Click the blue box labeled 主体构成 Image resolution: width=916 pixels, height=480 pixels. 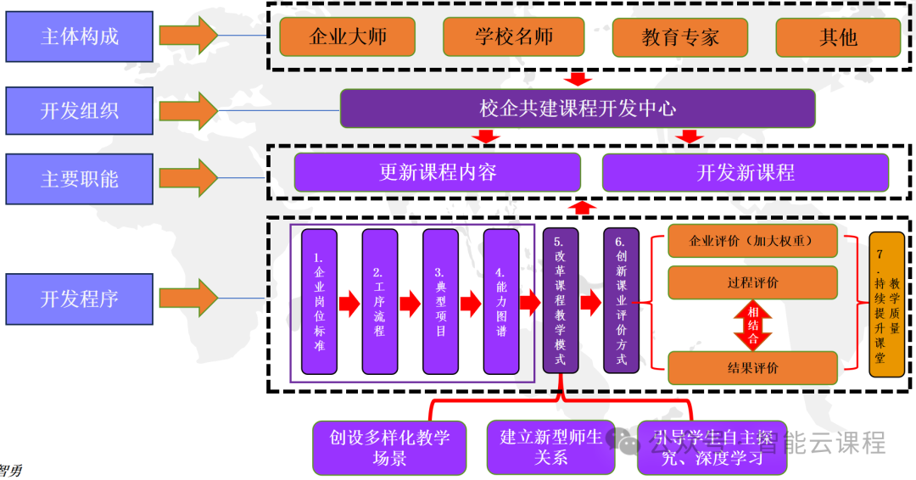coord(79,36)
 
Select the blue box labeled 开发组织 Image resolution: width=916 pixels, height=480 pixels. coord(79,110)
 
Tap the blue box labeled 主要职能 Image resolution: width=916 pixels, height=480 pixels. coord(79,179)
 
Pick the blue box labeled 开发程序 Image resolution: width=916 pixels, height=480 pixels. coord(79,299)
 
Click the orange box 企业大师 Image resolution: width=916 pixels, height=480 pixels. coord(347,37)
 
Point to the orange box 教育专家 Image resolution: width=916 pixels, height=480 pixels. coord(679,37)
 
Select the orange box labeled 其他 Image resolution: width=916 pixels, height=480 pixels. coord(837,37)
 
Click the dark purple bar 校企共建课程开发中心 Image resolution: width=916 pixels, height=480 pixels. coord(577,109)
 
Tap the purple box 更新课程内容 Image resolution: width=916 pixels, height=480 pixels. coord(437,172)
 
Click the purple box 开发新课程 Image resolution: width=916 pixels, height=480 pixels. coord(745,172)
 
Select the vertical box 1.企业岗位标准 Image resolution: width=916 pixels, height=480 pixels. coord(319,302)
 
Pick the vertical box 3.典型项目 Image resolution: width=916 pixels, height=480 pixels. coord(440,302)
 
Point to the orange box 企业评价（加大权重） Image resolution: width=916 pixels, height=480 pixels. coord(752,241)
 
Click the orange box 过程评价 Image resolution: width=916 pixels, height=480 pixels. coord(752,282)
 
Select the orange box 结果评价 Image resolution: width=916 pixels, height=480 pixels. coord(752,368)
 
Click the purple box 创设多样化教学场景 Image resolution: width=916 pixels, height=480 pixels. coord(389,447)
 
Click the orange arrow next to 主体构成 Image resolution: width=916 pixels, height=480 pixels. coord(188,36)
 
